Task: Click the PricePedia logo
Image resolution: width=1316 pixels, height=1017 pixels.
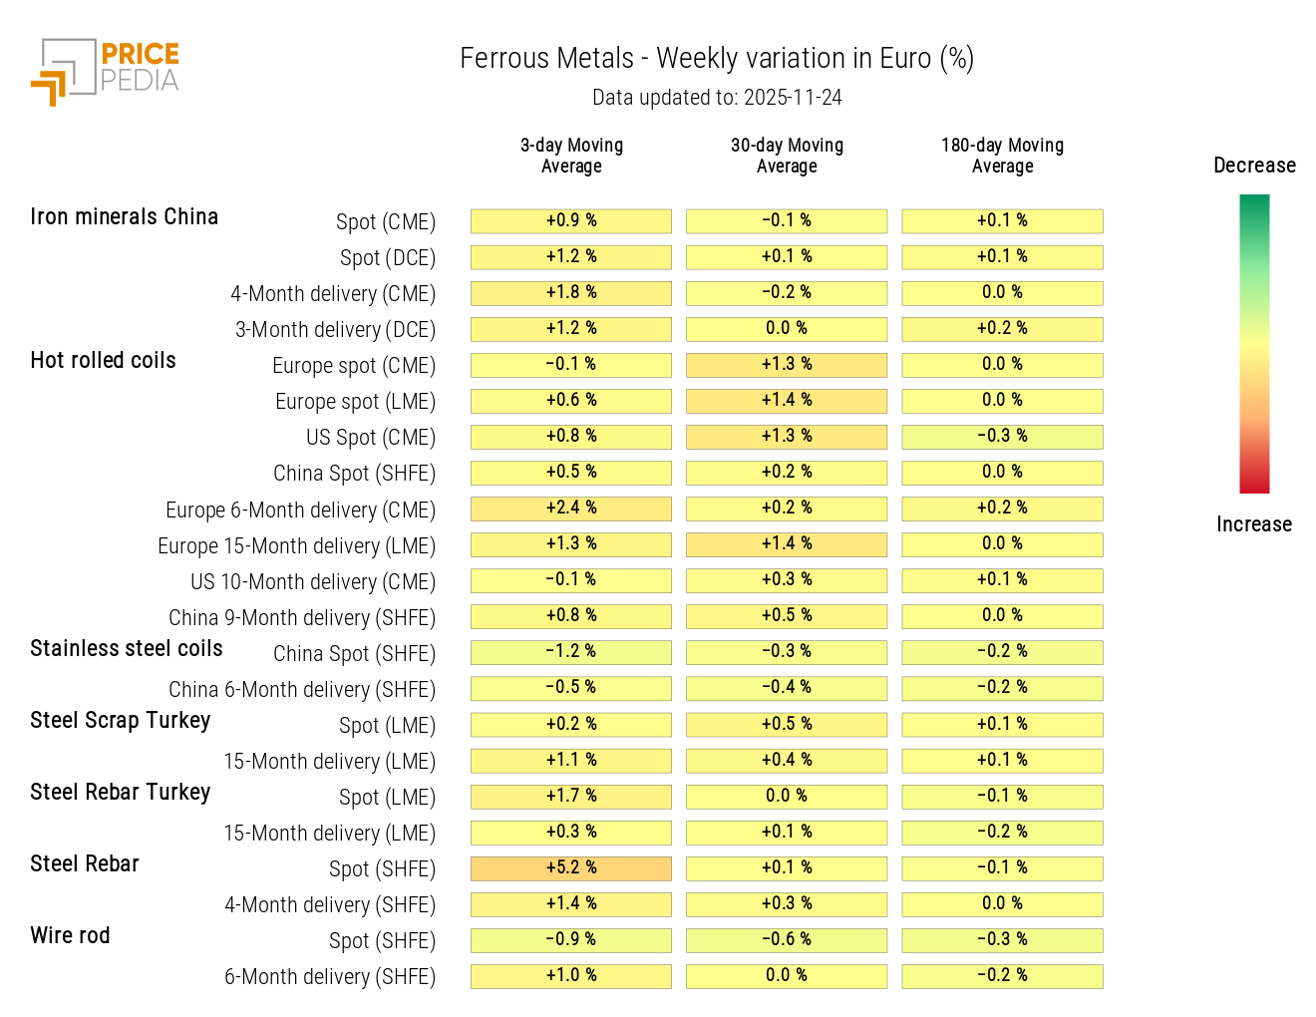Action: coord(105,71)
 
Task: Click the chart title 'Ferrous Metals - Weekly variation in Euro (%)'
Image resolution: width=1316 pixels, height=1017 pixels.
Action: coord(716,59)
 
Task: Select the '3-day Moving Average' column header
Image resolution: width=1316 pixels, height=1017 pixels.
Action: coord(571,156)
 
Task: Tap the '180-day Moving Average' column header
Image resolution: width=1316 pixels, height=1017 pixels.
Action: coord(1002,156)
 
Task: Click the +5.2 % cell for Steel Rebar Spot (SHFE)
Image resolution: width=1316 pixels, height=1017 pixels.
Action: coord(571,868)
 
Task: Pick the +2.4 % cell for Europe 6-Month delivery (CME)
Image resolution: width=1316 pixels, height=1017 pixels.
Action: coord(571,508)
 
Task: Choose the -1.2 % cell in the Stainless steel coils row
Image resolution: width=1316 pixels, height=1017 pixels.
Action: coord(571,652)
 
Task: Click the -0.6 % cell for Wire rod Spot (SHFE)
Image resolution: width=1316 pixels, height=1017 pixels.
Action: coord(787,940)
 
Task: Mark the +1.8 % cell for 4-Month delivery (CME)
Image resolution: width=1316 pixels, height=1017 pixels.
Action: coord(571,293)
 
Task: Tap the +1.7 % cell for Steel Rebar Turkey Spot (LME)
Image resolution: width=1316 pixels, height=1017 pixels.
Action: coord(571,797)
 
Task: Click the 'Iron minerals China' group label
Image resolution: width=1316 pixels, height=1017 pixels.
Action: coord(124,217)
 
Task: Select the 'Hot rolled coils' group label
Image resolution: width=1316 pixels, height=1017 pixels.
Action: coord(103,361)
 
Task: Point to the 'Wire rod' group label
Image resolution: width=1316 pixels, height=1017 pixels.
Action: coord(70,936)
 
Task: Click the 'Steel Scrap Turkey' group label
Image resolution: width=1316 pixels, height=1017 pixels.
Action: coord(120,721)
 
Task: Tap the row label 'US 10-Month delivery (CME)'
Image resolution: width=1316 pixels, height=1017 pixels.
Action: coord(313,582)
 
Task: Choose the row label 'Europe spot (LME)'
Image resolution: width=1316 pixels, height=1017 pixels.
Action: coord(355,402)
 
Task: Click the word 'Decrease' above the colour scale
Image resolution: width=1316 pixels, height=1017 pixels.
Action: coord(1254,166)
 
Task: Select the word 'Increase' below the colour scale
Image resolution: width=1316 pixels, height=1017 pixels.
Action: coord(1253,524)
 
